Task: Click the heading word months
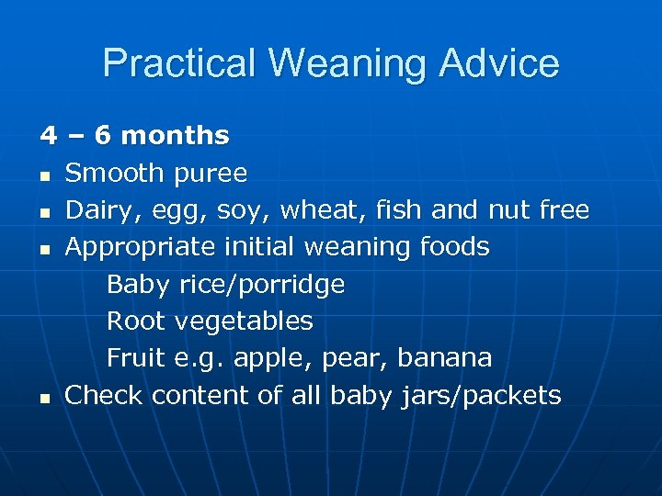(x=175, y=136)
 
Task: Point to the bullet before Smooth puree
(x=45, y=175)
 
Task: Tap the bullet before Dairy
(x=45, y=212)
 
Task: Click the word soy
(x=238, y=210)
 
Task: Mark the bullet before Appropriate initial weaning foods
(x=45, y=249)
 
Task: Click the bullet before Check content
(x=45, y=398)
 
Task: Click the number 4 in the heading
(x=47, y=136)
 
